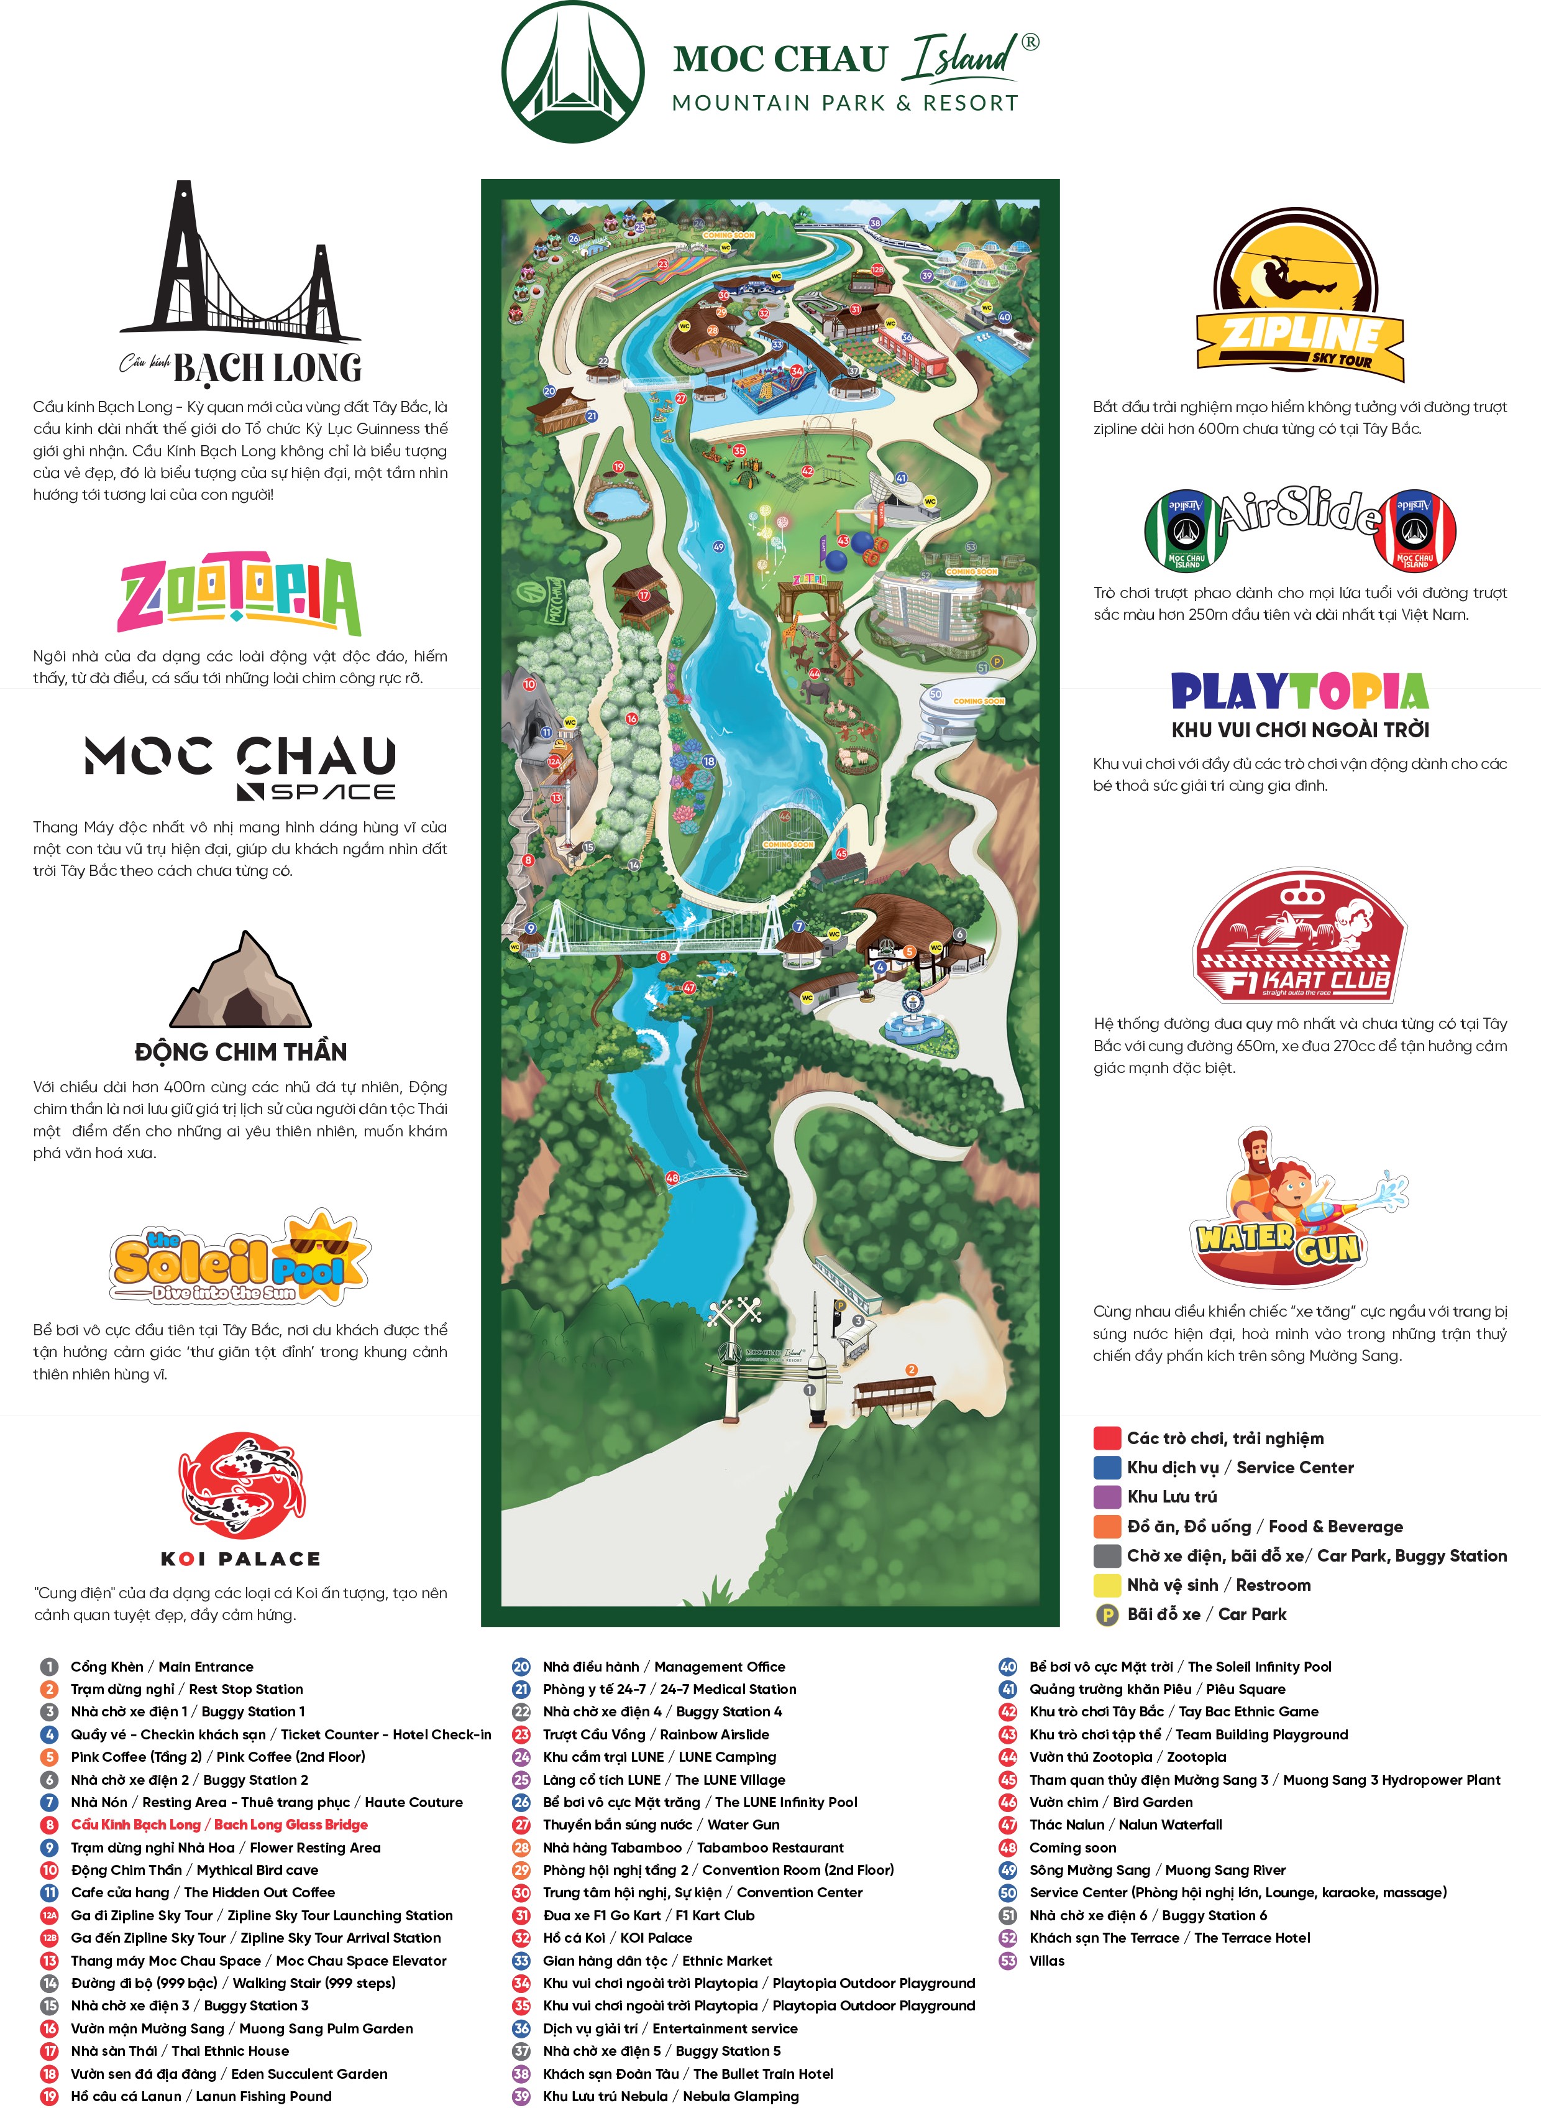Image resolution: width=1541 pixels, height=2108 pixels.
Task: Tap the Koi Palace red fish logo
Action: (242, 1486)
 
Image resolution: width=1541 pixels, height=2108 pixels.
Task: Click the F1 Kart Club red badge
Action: (1299, 936)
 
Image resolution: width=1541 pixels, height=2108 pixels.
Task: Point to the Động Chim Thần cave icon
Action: (240, 981)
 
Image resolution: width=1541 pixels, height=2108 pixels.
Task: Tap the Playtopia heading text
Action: (1299, 691)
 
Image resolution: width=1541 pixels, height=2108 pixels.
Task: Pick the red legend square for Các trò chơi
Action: (1106, 1438)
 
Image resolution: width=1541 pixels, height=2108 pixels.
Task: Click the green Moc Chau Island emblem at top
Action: (573, 72)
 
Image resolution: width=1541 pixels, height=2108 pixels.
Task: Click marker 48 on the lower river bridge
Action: (672, 1177)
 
